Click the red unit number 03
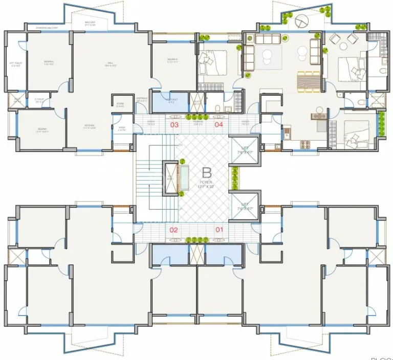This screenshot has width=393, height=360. coord(174,125)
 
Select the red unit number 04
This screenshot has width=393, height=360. coord(219,125)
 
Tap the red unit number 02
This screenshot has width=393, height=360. coord(174,230)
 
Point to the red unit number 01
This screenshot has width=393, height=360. coord(219,230)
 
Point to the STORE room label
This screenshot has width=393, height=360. coord(120,104)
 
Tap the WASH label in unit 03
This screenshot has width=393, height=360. coord(122,129)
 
